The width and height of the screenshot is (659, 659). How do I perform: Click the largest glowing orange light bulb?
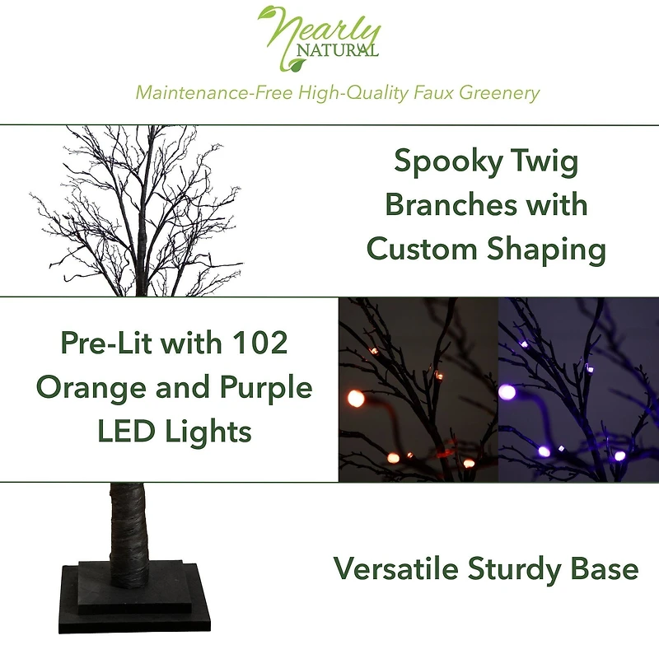click(356, 397)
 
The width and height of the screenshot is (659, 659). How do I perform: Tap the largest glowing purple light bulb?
click(507, 390)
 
